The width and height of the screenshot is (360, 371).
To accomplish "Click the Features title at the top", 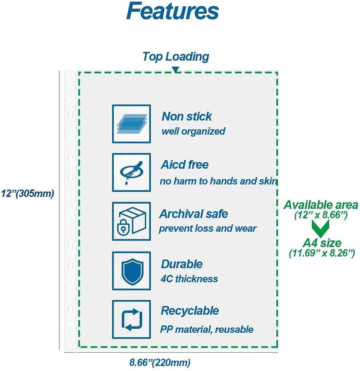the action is point(172,11).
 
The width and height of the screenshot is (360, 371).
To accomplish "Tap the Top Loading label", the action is point(176,57).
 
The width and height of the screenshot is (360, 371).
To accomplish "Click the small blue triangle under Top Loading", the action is point(175,70).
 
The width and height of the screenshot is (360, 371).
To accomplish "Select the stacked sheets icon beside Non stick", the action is point(131,124).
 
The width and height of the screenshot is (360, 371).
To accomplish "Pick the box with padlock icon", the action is point(131,221).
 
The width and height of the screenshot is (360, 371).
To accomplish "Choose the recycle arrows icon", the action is point(131,319).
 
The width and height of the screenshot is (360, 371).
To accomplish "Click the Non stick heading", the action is point(187,117).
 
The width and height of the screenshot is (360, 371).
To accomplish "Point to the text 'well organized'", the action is point(193,131).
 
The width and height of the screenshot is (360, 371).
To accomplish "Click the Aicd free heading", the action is point(184,165).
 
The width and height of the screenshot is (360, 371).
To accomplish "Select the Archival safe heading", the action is point(193,214).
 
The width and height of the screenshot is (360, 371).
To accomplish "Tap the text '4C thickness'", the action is point(189,279).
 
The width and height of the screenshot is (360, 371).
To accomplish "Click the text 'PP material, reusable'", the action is point(207,330).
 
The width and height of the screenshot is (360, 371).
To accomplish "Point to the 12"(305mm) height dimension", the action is point(27,194).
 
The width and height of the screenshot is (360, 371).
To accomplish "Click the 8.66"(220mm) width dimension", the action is point(160,362).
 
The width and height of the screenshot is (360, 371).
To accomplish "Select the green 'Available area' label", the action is point(321,205).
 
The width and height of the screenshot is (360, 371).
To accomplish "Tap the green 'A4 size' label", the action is point(322,243).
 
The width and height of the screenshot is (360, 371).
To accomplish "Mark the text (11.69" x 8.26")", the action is point(322,253).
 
